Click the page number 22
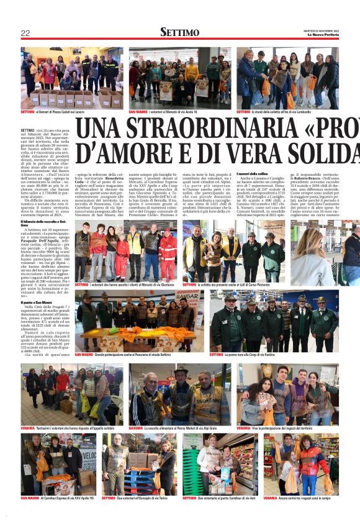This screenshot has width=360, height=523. click(x=25, y=33)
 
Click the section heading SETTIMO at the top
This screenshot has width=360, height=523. click(x=179, y=32)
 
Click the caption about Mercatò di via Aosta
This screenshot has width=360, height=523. click(x=163, y=112)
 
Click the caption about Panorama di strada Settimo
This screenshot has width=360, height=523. click(x=130, y=355)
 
